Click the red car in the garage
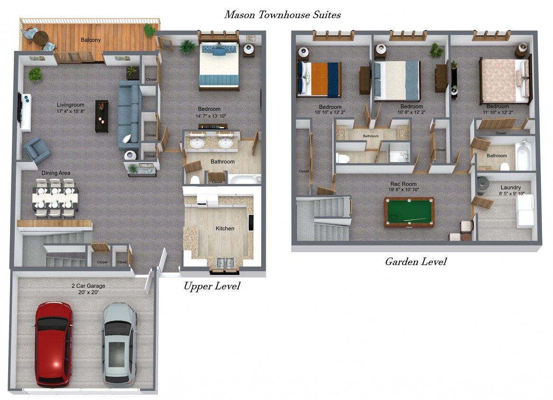[54, 344]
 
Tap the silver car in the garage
[118, 344]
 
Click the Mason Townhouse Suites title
[282, 15]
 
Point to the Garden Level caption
[415, 261]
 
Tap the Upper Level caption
[212, 286]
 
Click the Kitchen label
[225, 228]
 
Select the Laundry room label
[511, 188]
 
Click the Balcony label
[90, 40]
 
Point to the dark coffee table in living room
[102, 116]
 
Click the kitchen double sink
[225, 262]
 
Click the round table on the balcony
[41, 37]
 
